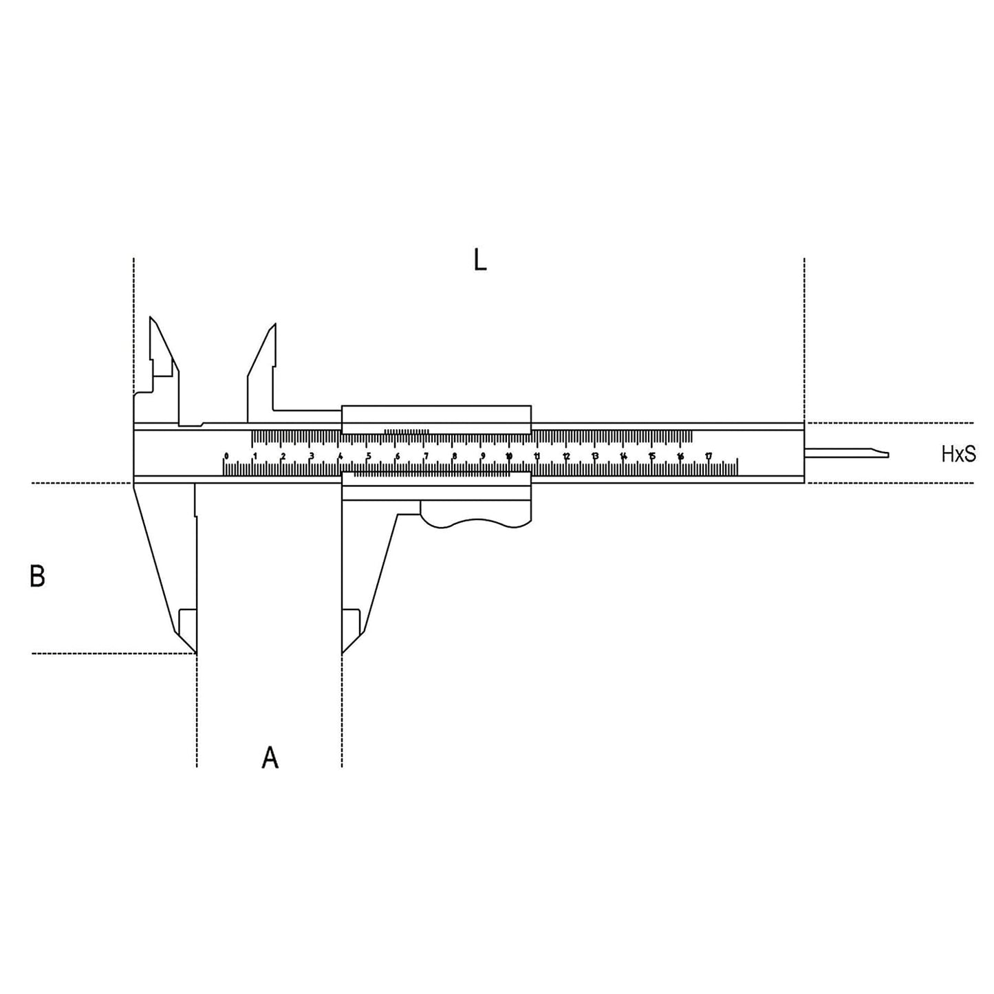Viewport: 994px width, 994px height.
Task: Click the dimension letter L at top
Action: click(480, 260)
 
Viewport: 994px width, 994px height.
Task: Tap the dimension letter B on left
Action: click(37, 576)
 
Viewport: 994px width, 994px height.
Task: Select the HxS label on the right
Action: click(958, 454)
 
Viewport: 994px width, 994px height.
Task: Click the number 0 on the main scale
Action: click(226, 456)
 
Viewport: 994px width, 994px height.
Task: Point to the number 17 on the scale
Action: click(708, 456)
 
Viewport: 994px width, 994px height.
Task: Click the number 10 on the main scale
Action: click(508, 456)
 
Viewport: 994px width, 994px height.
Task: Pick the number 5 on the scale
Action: click(368, 456)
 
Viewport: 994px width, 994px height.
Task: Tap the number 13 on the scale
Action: click(594, 456)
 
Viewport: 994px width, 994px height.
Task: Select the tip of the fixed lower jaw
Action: click(195, 651)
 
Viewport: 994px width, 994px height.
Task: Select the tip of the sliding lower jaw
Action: click(343, 651)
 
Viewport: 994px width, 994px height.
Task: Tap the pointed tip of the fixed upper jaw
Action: click(151, 319)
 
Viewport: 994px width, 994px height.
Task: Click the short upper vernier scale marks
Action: click(407, 431)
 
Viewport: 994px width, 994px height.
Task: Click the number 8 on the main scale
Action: click(453, 456)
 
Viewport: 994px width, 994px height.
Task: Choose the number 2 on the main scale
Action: click(283, 456)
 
